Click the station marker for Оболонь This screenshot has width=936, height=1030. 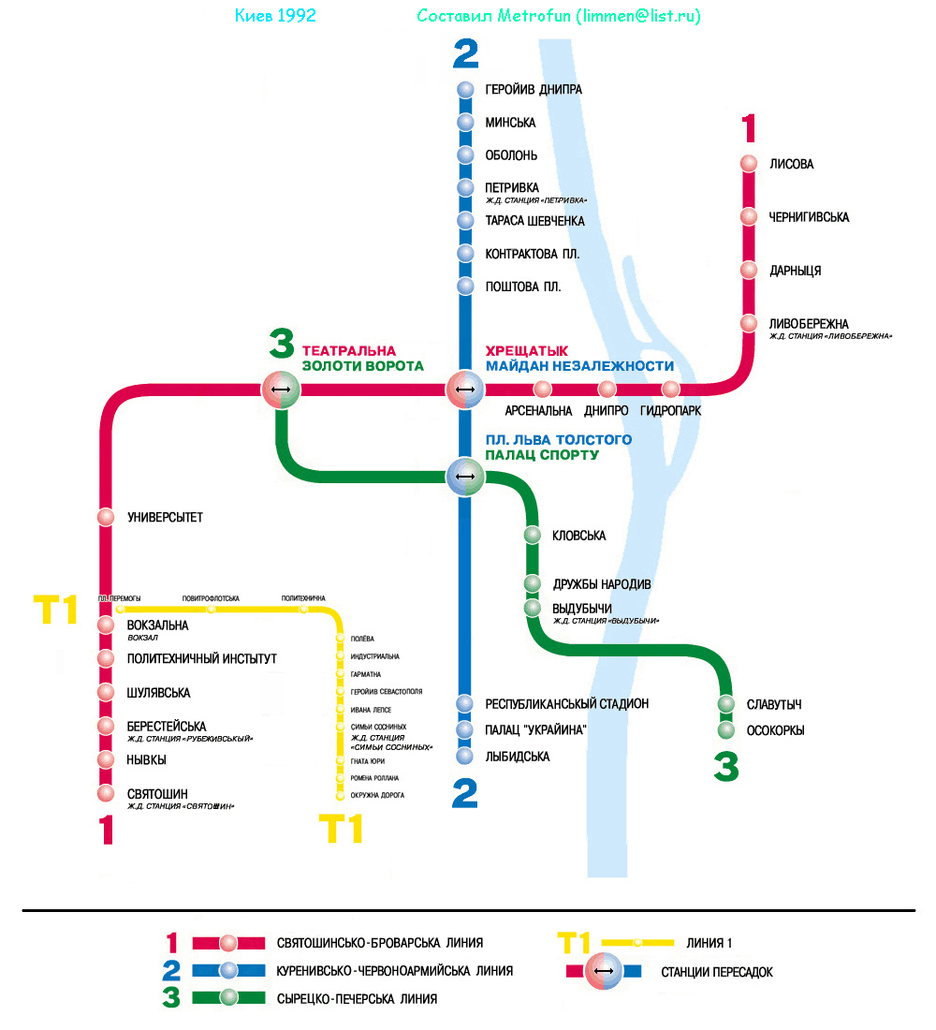[x=466, y=155]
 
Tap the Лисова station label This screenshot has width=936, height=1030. [x=791, y=165]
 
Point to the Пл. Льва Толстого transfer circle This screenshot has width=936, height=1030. [x=465, y=477]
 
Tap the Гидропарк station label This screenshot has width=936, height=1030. [x=670, y=411]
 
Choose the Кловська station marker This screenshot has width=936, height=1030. [x=532, y=536]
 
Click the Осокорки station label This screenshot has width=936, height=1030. [x=775, y=731]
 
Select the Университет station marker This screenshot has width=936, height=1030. [x=107, y=517]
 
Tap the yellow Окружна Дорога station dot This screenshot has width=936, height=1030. [x=340, y=796]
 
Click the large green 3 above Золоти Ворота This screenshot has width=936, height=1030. [x=282, y=345]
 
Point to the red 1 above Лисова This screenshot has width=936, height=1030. [x=748, y=128]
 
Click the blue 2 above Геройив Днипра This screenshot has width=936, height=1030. [x=465, y=53]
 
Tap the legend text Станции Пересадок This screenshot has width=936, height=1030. [x=717, y=973]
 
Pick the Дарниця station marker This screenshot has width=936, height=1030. [x=748, y=270]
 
